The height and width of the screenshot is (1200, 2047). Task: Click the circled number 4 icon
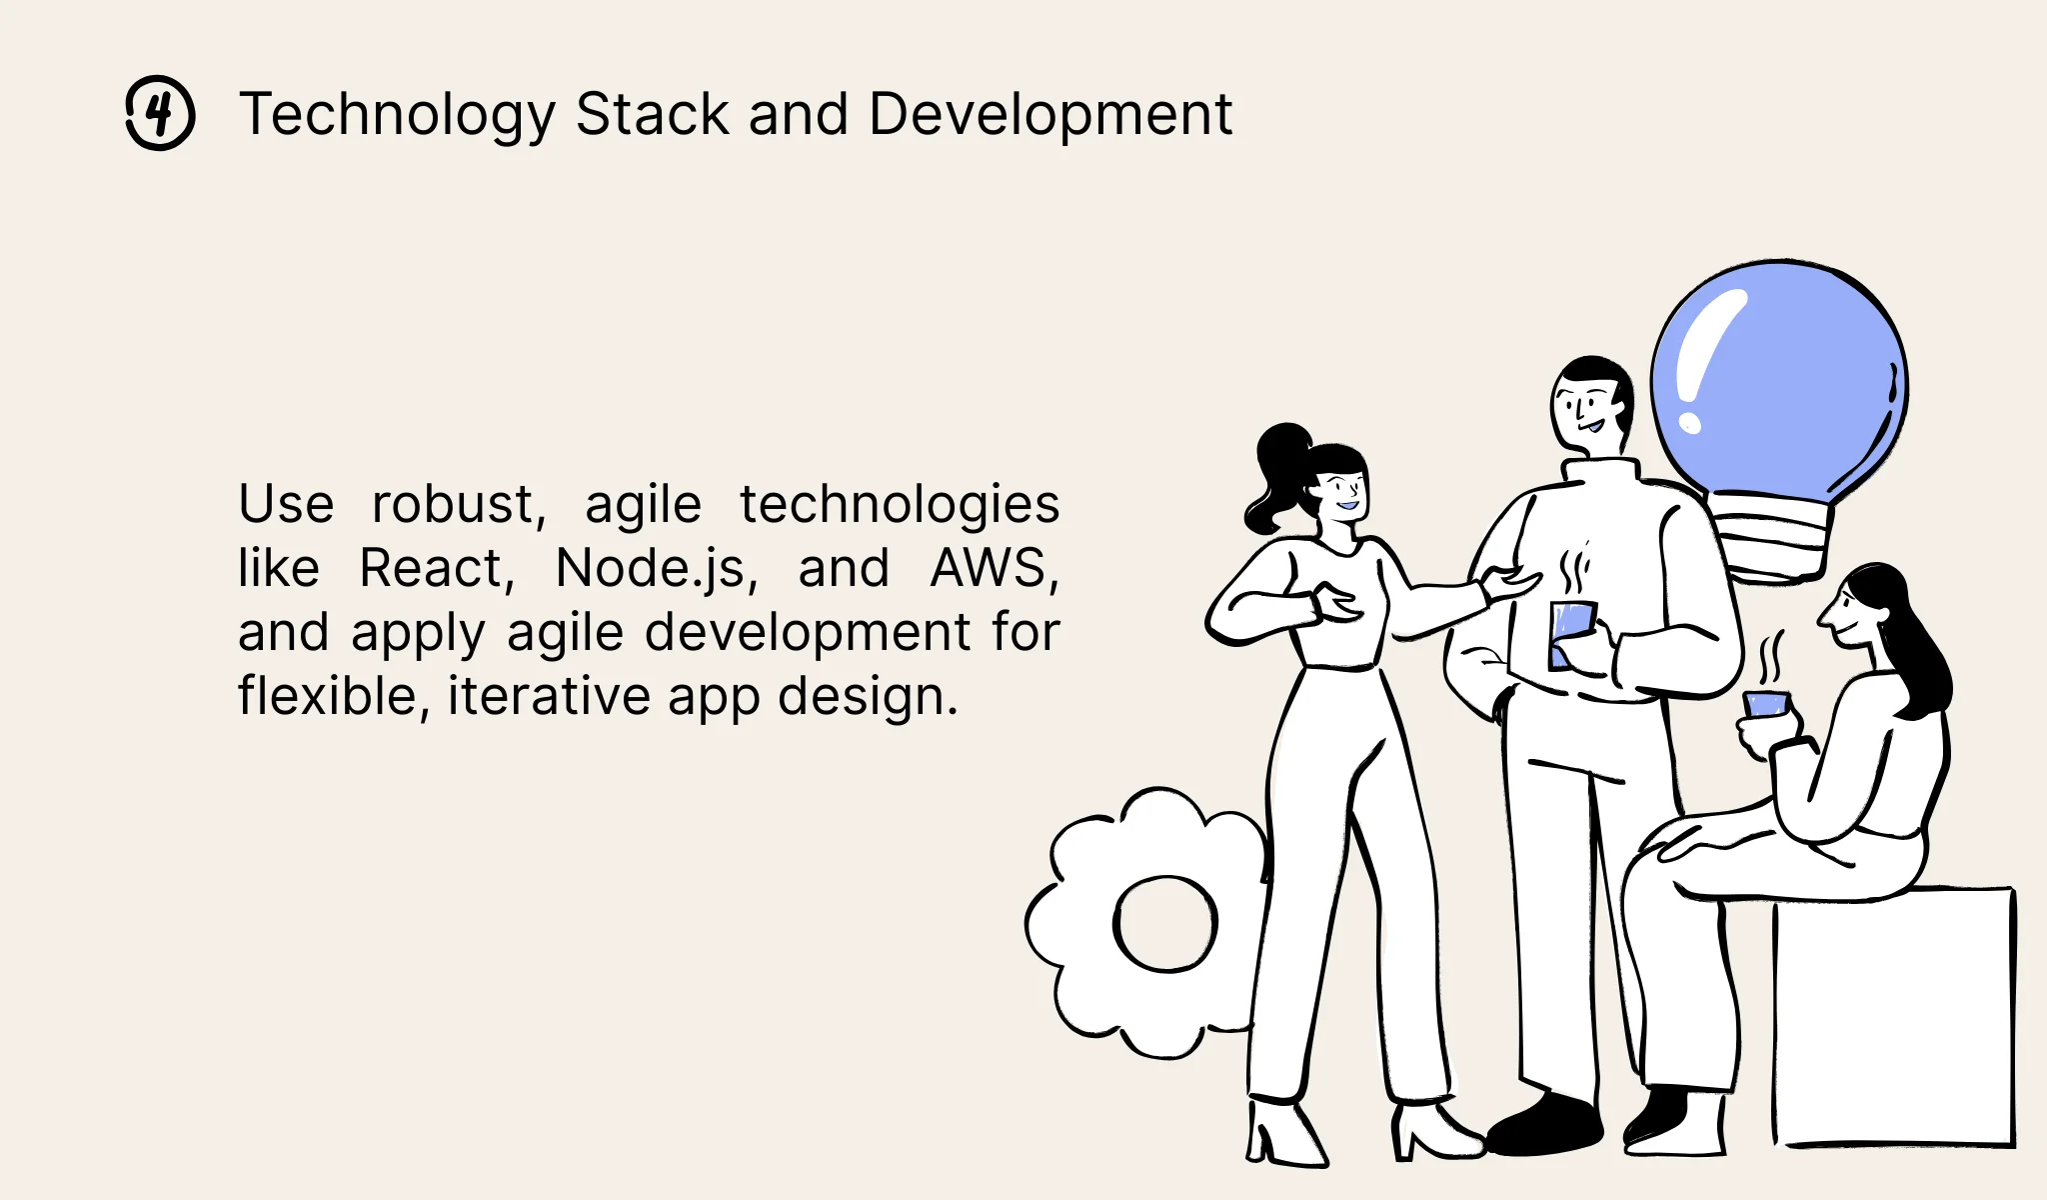click(x=160, y=113)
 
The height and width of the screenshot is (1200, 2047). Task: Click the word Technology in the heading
click(x=397, y=114)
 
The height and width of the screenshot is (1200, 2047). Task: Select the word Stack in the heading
click(x=652, y=114)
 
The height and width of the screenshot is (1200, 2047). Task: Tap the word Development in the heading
click(x=1049, y=114)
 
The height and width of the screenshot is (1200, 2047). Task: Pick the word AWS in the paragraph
click(x=994, y=568)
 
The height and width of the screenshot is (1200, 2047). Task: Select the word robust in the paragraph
click(x=459, y=504)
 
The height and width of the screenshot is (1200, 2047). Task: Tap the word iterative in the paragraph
click(x=549, y=696)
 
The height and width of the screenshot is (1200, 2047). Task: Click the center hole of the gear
click(x=1165, y=923)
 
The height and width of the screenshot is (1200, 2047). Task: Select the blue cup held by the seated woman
click(x=1766, y=704)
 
